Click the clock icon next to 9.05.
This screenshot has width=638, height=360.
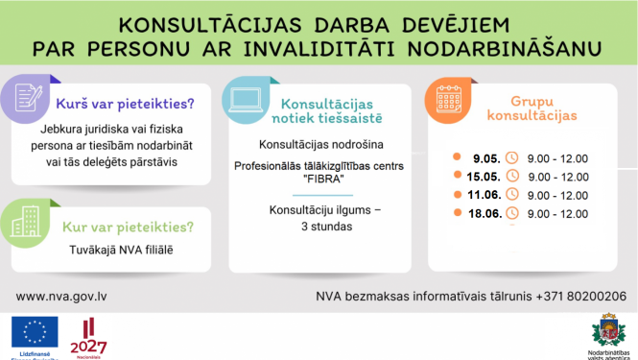coord(511,157)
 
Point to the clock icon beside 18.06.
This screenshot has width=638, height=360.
coord(511,213)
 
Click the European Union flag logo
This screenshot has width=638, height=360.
coord(35,333)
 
